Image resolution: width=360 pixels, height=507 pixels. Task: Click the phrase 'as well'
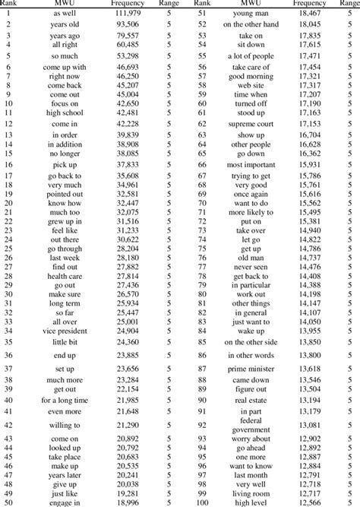65,14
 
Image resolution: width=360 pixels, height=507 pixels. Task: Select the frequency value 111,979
125,14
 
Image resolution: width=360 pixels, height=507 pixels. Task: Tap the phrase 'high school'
65,112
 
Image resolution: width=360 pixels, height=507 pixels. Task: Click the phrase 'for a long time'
65,400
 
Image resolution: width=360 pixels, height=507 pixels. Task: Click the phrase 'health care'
65,276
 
